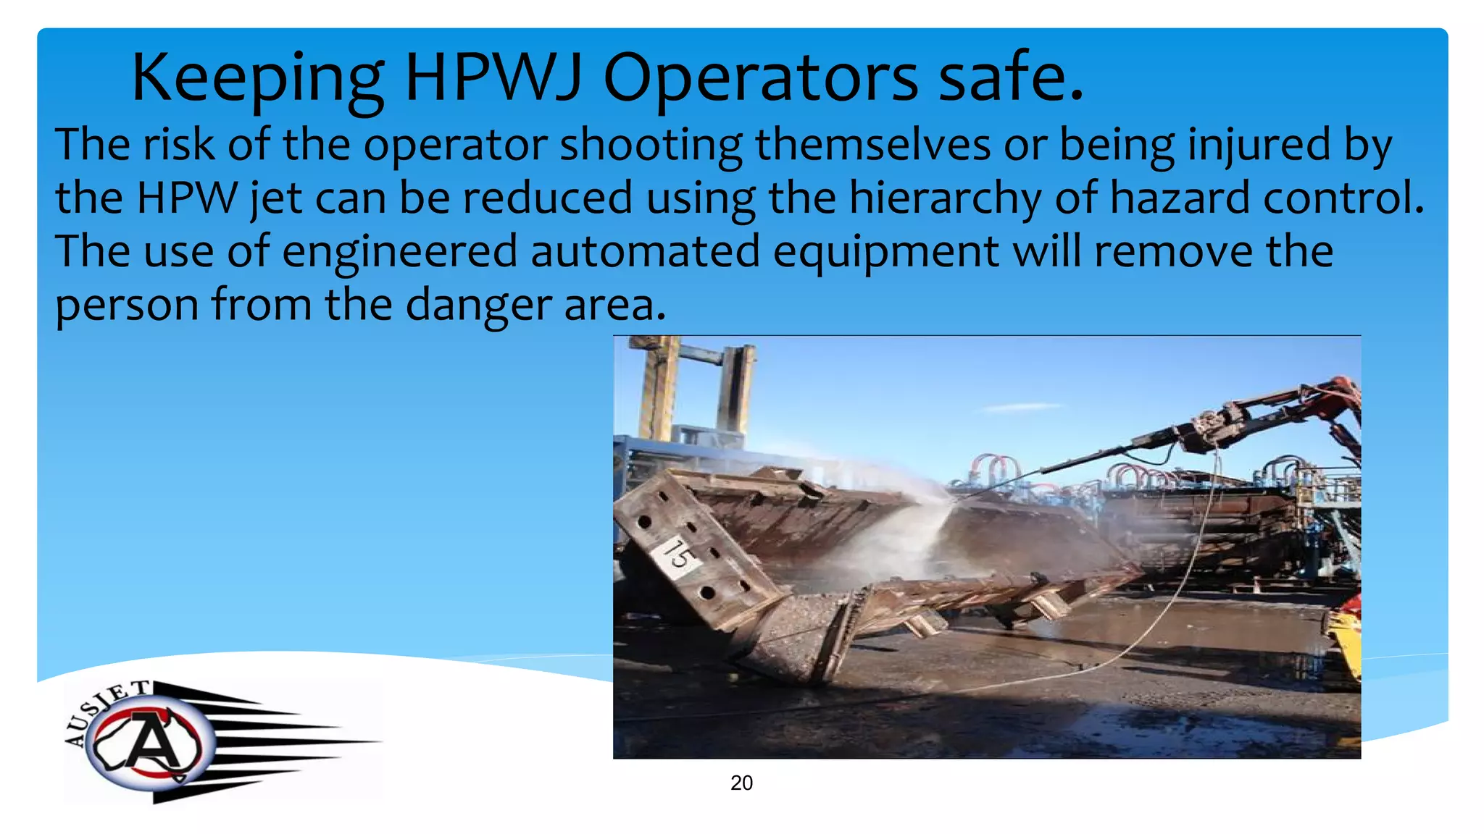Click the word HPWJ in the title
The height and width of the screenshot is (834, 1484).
(493, 77)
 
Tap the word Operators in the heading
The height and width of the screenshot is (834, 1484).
(760, 77)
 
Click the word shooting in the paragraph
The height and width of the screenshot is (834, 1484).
(651, 145)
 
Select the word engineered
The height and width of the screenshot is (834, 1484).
(399, 252)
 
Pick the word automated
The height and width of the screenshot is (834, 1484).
(645, 252)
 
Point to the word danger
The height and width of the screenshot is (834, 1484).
(478, 306)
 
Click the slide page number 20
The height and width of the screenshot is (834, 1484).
(741, 783)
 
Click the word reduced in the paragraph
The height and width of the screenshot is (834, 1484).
(547, 198)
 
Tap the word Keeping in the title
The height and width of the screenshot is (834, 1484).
(257, 77)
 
